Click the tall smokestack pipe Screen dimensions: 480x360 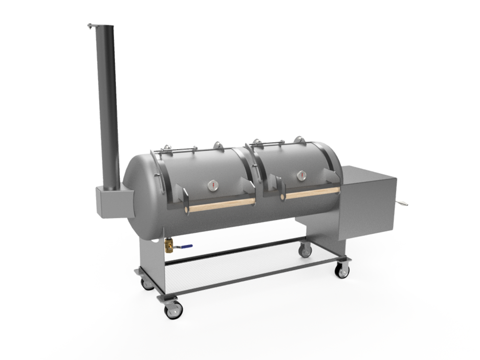click(x=108, y=106)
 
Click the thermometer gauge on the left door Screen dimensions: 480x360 click(x=213, y=186)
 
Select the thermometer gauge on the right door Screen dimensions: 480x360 click(x=301, y=175)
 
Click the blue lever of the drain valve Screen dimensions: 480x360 click(x=184, y=247)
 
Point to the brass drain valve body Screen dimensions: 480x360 click(x=169, y=247)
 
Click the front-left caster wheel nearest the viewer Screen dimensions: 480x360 click(x=173, y=310)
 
